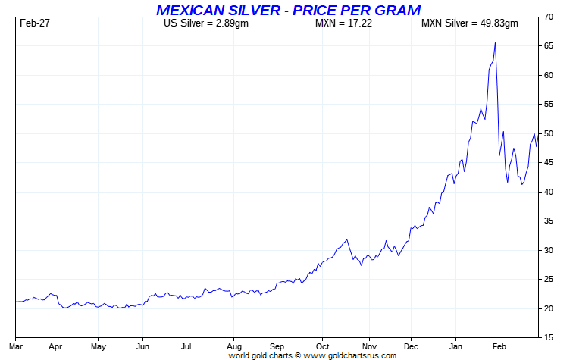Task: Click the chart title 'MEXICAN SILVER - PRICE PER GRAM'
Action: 287,10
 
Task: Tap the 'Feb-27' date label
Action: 35,23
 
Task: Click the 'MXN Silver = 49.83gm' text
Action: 470,23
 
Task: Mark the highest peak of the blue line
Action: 495,43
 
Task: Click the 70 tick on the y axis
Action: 548,17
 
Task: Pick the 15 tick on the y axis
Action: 548,337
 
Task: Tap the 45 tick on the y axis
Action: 548,162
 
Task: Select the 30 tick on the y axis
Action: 548,250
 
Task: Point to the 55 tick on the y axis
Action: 548,104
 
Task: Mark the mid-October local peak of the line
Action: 347,240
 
